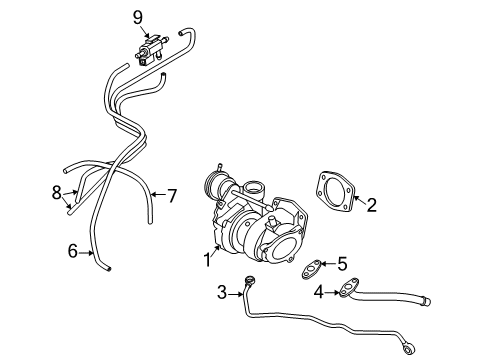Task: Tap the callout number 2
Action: (x=370, y=206)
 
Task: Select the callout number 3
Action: (x=221, y=293)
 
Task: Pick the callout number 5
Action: (x=341, y=264)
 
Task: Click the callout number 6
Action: (x=73, y=251)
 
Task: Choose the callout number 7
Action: (x=171, y=195)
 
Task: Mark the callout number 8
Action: (x=57, y=191)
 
